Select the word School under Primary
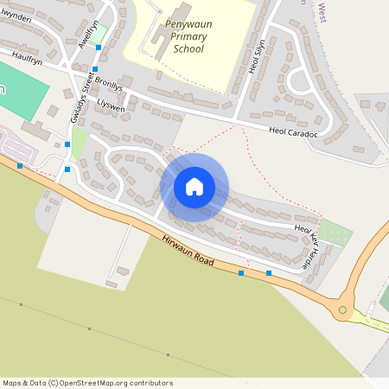(x=188, y=48)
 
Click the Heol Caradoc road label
(x=294, y=133)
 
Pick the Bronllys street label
(x=110, y=88)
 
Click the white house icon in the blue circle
(x=194, y=186)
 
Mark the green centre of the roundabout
(x=342, y=309)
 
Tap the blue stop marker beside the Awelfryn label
(x=99, y=47)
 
